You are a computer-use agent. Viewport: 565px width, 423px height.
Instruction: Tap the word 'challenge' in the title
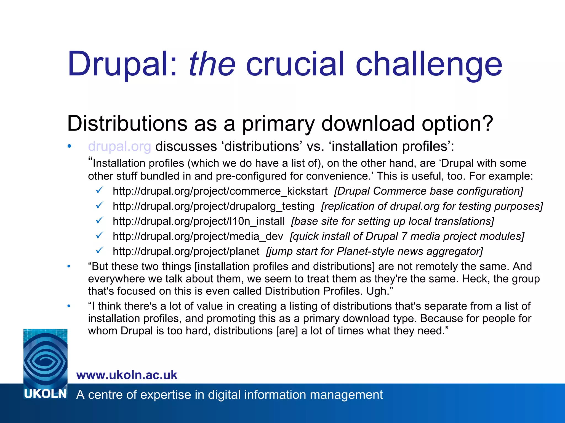coord(429,65)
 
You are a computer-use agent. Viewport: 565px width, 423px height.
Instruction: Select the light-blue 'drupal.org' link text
coord(119,146)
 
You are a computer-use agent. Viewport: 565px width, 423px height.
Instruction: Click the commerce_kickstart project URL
coord(220,191)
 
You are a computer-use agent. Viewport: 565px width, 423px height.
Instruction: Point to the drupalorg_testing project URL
coord(214,206)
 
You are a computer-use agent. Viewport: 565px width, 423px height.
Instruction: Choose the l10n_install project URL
coord(199,221)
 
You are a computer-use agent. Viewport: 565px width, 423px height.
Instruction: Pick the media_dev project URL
coord(198,236)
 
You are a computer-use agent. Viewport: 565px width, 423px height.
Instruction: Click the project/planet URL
coord(186,251)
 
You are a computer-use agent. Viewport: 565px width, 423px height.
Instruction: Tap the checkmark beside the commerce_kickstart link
coord(100,190)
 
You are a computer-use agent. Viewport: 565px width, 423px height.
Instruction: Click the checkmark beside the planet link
coord(100,250)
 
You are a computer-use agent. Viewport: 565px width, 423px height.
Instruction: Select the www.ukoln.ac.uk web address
coord(127,375)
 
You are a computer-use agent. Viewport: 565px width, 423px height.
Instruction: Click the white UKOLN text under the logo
coord(46,394)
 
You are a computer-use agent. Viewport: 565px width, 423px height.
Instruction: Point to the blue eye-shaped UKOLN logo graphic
coord(46,358)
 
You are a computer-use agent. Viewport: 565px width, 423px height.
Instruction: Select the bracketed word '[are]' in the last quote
coord(287,331)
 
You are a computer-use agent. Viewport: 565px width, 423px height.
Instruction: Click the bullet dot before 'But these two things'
coord(69,266)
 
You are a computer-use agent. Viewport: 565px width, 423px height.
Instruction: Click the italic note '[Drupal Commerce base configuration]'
coord(428,191)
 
